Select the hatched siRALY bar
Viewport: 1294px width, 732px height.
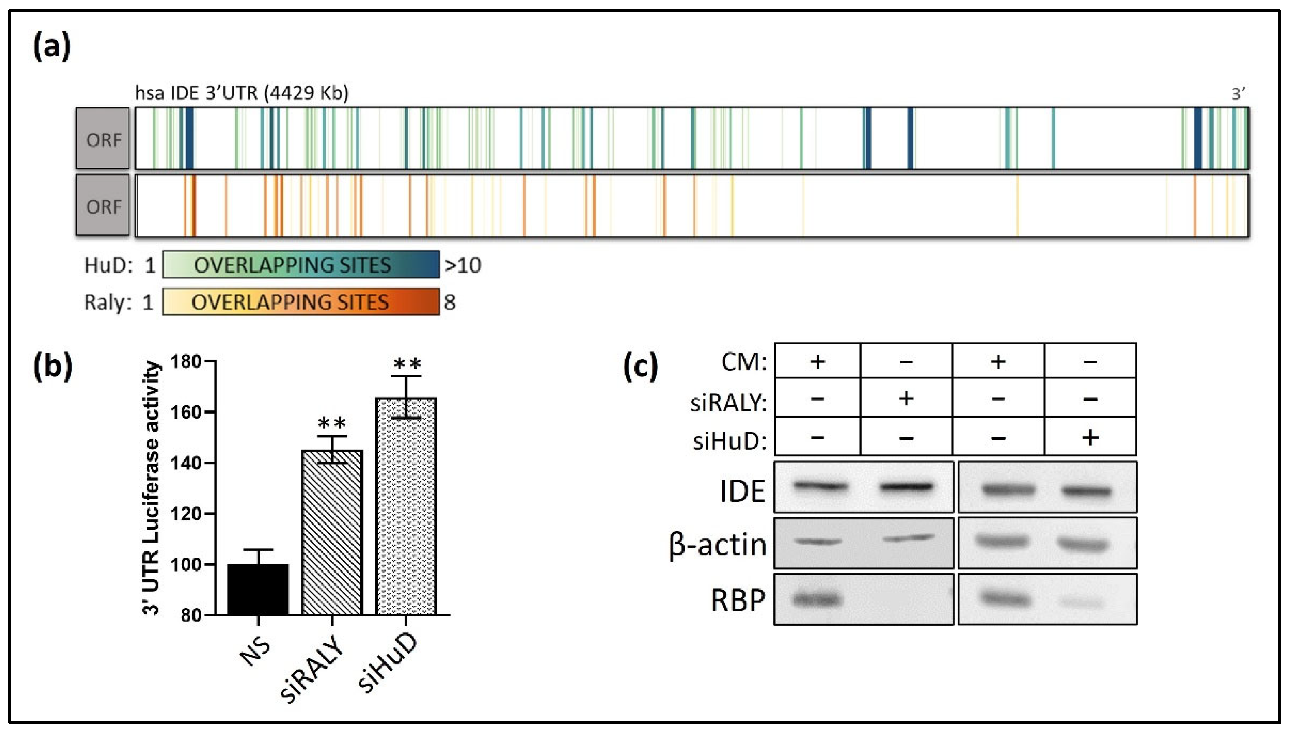pos(332,533)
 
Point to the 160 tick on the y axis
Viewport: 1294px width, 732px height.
pos(210,412)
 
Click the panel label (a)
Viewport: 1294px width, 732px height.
pos(52,47)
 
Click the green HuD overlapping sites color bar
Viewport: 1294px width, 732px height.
pos(301,265)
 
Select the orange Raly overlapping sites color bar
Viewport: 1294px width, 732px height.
pos(301,302)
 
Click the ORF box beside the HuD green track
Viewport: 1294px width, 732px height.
pos(103,138)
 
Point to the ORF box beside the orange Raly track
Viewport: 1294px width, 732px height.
pos(103,206)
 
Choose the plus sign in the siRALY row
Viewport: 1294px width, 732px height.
pos(906,399)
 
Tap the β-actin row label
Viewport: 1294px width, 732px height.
pos(718,545)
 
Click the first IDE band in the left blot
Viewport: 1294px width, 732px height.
pos(820,486)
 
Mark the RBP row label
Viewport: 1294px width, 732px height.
pos(738,600)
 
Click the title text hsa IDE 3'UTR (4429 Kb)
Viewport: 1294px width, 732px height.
pos(241,93)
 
